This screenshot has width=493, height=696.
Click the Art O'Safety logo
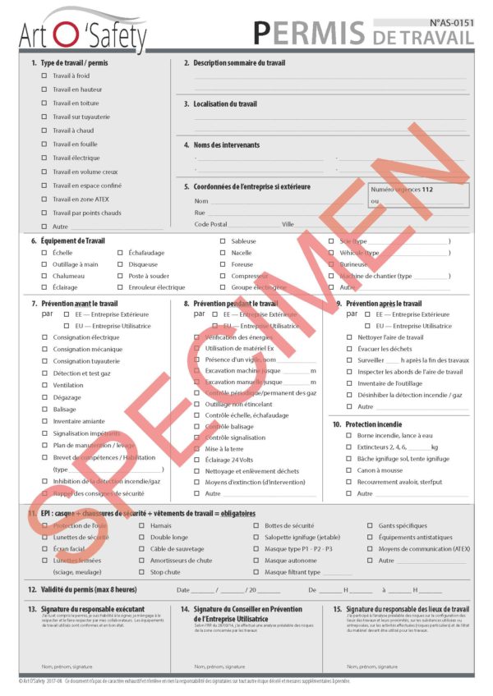point(83,30)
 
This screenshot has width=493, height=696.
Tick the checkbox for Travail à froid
point(44,76)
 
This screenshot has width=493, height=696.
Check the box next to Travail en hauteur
point(44,89)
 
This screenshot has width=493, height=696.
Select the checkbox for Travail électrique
point(44,158)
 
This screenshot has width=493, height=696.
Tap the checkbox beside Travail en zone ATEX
point(44,199)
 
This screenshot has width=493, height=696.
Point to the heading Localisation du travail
point(224,104)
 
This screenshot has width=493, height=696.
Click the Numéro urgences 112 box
point(419,195)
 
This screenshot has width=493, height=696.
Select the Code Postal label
point(210,224)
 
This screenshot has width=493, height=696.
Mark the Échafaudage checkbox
point(120,253)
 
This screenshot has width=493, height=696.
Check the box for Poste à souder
point(120,276)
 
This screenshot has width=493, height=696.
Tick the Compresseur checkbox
point(223,276)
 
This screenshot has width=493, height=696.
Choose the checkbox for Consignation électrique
point(44,337)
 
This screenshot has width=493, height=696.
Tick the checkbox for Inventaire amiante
point(44,421)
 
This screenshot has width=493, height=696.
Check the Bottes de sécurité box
point(256,525)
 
